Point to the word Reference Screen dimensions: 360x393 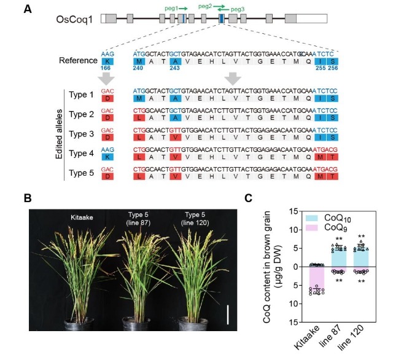point(78,60)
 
